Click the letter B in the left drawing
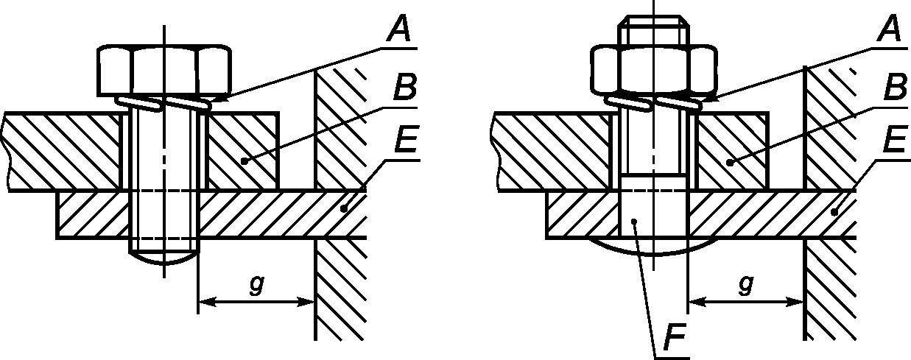[404, 88]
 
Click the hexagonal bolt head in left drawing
[165, 70]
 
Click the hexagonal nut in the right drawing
[654, 70]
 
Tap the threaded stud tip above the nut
[654, 30]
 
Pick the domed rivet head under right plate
[653, 248]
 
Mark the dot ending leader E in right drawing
[834, 211]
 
